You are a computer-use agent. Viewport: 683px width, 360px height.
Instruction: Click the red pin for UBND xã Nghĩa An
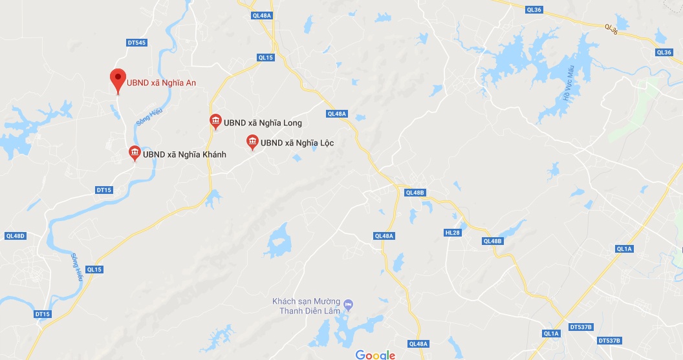click(x=118, y=79)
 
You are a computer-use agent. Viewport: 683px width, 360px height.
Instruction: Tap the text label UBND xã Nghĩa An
click(x=161, y=82)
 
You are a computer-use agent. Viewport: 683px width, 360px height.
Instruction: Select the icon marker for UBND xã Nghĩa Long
click(x=215, y=121)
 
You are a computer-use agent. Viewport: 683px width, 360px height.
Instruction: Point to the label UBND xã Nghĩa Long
click(x=263, y=123)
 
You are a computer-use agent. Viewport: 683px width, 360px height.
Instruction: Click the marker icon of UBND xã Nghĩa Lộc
click(x=252, y=142)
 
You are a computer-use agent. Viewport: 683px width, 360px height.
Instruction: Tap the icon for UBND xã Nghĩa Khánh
click(x=135, y=153)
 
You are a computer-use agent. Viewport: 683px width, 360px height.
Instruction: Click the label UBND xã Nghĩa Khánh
click(x=184, y=154)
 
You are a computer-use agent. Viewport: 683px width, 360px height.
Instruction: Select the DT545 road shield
click(x=136, y=43)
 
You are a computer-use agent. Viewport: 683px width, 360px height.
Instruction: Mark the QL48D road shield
click(x=14, y=236)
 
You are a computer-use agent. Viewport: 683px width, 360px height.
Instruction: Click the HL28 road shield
click(x=452, y=233)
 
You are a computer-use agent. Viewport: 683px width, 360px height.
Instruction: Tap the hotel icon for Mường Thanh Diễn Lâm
click(x=349, y=303)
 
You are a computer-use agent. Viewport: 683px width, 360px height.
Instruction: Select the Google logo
click(x=375, y=355)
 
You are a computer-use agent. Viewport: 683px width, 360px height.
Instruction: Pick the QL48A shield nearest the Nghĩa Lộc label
click(x=338, y=114)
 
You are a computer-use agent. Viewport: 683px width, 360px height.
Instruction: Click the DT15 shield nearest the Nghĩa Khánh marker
click(x=104, y=190)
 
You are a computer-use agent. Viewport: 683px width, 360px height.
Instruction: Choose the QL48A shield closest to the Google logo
click(x=418, y=344)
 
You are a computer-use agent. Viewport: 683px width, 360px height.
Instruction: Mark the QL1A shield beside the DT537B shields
click(x=551, y=334)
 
